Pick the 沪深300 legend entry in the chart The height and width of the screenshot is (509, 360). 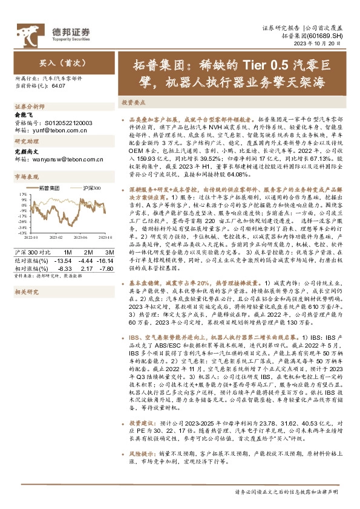(91, 189)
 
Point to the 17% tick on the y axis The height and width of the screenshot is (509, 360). (23, 195)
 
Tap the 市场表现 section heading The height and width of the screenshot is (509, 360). (26, 177)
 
